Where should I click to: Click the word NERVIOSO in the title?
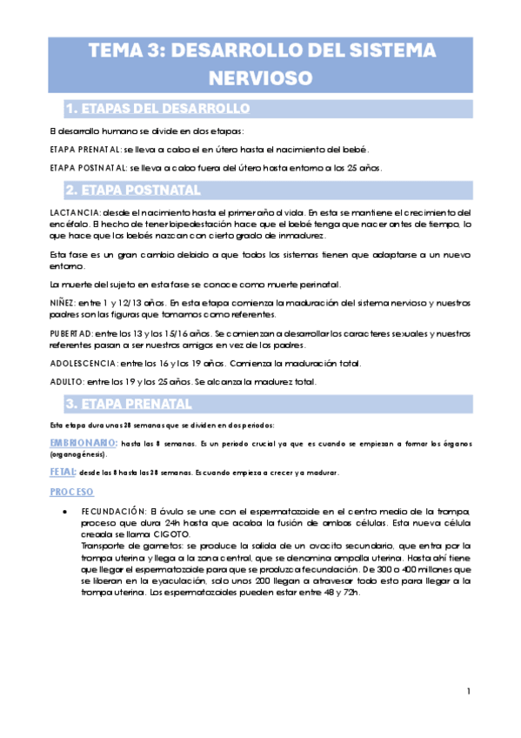click(260, 78)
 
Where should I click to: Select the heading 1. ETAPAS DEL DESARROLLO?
click(157, 109)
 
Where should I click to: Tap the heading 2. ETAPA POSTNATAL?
click(133, 190)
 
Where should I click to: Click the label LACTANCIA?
click(76, 212)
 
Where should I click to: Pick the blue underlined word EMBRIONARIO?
click(83, 443)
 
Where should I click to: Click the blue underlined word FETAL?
click(63, 472)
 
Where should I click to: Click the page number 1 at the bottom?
click(468, 691)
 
